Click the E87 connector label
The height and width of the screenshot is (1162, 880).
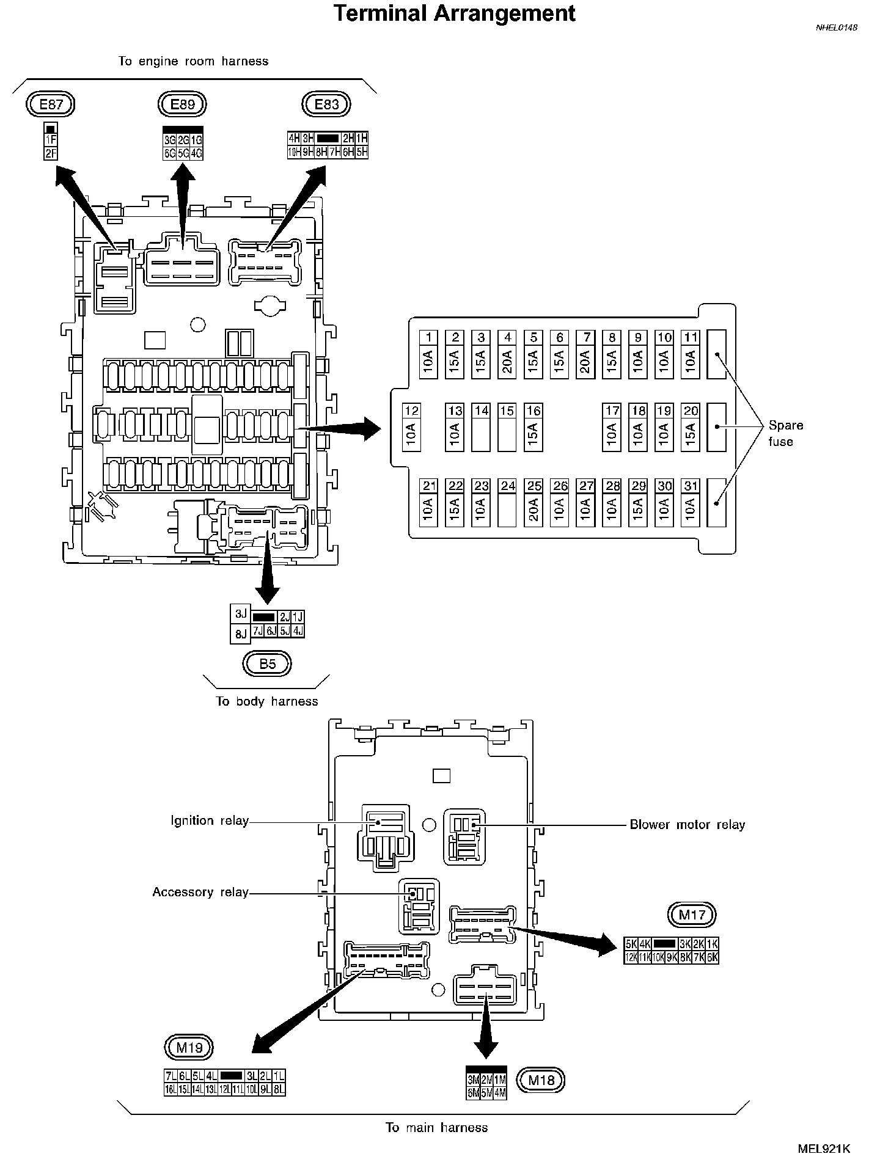tap(51, 104)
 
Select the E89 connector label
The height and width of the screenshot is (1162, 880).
tap(182, 104)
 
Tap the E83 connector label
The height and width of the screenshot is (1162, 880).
tap(326, 104)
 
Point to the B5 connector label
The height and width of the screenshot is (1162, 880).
tap(268, 663)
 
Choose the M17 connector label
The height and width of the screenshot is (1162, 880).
tap(692, 915)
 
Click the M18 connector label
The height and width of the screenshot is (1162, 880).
tap(541, 1080)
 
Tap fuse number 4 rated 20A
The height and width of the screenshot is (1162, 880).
tap(507, 354)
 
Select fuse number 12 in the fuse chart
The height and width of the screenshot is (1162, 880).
tap(411, 427)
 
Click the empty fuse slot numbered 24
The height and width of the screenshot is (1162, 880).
tap(507, 503)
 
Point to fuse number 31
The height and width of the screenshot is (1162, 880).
tap(691, 503)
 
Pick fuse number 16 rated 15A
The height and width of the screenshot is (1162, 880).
tap(533, 427)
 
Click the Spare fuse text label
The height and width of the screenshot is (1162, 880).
tap(785, 433)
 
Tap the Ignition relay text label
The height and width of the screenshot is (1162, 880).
tap(210, 820)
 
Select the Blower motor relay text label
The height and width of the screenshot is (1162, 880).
tap(687, 825)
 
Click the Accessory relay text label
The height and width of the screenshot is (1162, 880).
tap(200, 892)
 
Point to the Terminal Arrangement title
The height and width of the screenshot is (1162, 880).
tap(455, 13)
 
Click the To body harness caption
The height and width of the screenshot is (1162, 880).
tap(267, 701)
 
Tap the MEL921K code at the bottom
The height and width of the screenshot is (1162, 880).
tap(823, 1148)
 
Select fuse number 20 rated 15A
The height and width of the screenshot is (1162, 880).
tap(691, 427)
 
